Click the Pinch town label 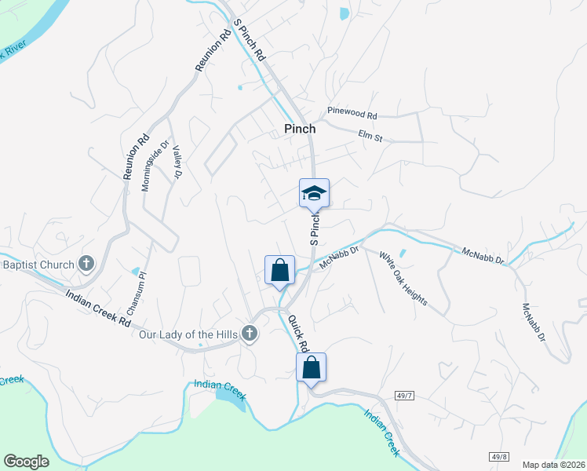coord(300,129)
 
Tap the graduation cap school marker coord(314,193)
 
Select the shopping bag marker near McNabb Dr coord(279,271)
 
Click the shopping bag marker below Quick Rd coord(311,367)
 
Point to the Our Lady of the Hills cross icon coord(250,334)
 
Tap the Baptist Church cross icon coord(86,265)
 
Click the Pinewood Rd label coord(352,115)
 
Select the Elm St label coord(370,137)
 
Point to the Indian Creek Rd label coord(98,307)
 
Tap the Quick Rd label coord(299,334)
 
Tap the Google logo coord(27,462)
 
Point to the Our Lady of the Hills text coord(188,334)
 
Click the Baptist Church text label coord(38,265)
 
